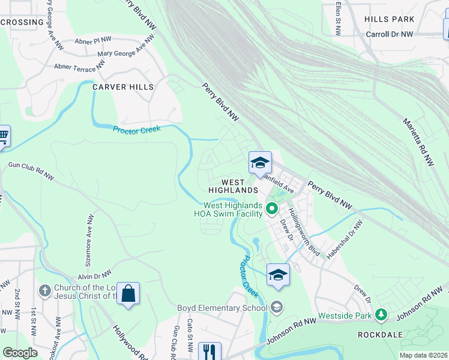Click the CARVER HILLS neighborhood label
click(123, 87)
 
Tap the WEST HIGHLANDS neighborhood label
click(234, 186)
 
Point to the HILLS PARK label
click(390, 19)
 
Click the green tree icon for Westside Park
click(380, 314)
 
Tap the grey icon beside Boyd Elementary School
click(276, 308)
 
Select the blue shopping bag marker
click(128, 294)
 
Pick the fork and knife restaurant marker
click(209, 351)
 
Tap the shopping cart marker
click(3, 136)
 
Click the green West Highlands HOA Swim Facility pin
click(271, 209)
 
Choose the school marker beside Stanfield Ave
click(260, 163)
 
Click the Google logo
click(20, 353)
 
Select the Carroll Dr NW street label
click(390, 35)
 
